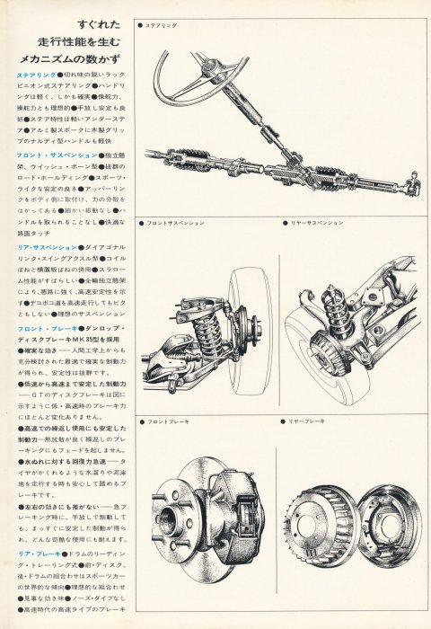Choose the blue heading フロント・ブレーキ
point(45,332)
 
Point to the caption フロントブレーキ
point(167,420)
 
